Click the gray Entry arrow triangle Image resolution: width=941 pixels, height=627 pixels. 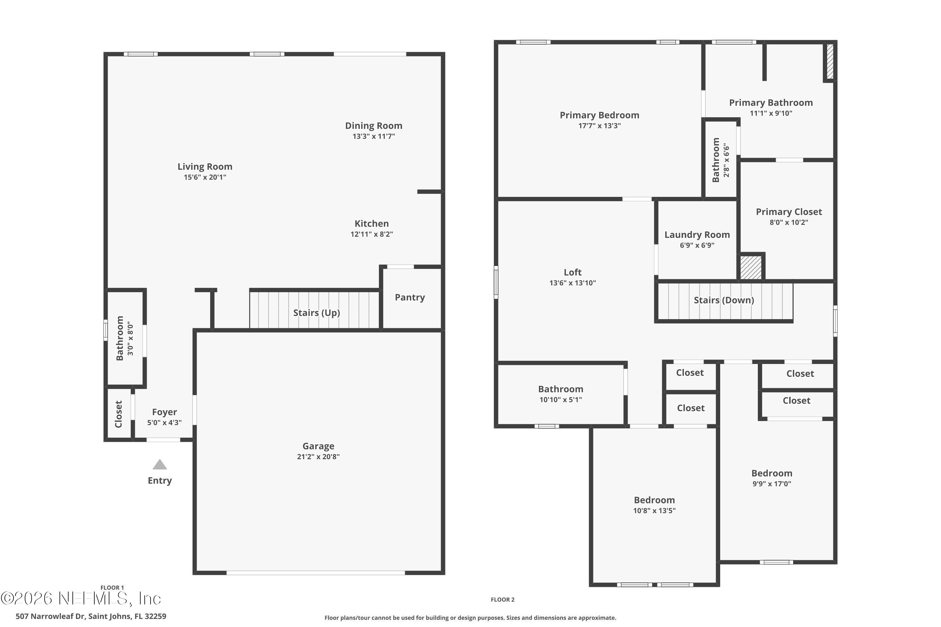[160, 465]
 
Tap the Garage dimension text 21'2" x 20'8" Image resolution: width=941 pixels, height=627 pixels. [318, 457]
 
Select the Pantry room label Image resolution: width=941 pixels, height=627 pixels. [410, 298]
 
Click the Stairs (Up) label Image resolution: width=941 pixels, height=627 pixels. [316, 313]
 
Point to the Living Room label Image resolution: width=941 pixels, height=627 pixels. [205, 167]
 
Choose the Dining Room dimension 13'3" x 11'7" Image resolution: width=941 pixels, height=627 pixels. [374, 136]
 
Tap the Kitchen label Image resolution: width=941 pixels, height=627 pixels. [371, 224]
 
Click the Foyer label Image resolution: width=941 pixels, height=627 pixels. [164, 412]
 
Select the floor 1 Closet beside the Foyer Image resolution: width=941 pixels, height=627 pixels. [119, 414]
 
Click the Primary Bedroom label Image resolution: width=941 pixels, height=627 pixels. [599, 115]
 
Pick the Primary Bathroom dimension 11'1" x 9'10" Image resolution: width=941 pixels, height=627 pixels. [771, 113]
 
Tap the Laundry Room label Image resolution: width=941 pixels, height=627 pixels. [697, 235]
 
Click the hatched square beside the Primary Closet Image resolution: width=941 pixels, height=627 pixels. [751, 267]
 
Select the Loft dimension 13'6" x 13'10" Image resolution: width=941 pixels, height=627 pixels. [572, 283]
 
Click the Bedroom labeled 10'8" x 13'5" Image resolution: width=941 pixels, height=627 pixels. [654, 500]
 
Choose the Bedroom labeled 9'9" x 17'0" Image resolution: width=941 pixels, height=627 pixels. [771, 473]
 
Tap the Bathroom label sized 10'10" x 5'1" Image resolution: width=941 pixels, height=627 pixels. [561, 389]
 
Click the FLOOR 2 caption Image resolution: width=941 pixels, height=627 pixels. [502, 600]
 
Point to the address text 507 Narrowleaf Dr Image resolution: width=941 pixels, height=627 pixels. [91, 616]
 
